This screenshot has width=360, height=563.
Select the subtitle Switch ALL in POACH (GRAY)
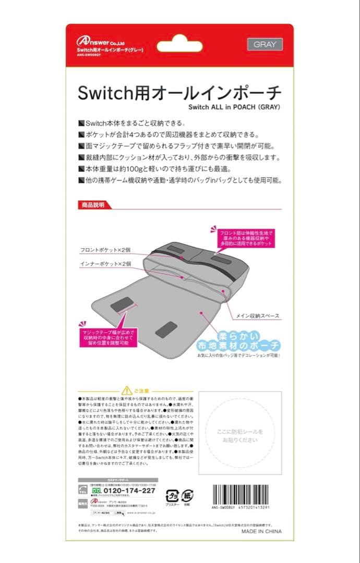point(235,108)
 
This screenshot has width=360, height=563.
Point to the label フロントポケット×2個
point(107,250)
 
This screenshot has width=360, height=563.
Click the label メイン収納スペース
point(259,316)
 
